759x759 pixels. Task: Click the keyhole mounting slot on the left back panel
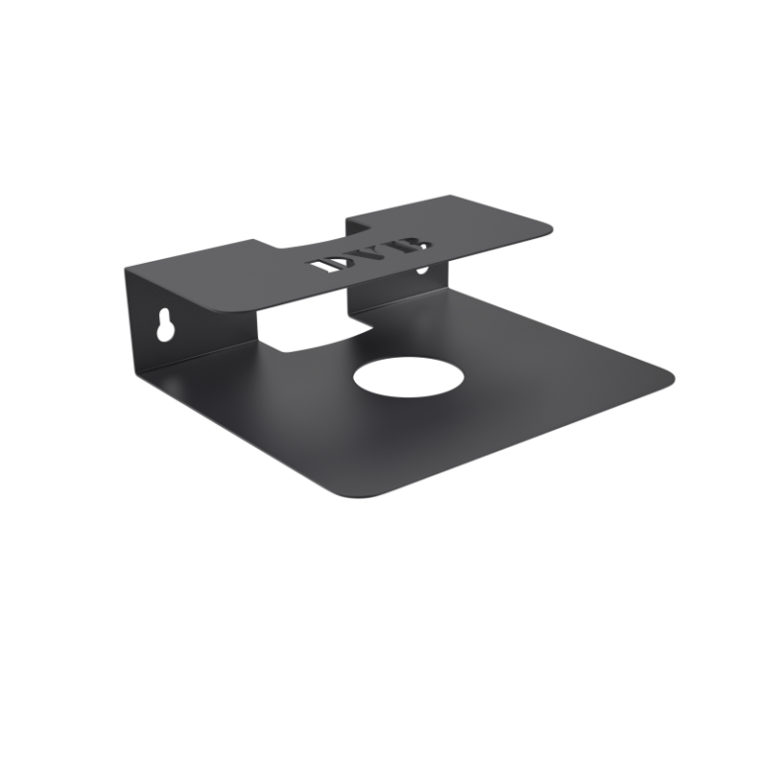165,324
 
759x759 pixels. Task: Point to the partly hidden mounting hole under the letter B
422,270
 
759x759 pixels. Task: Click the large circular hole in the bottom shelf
409,378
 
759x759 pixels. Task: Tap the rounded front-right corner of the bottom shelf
664,379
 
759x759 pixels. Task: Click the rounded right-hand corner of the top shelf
545,229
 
